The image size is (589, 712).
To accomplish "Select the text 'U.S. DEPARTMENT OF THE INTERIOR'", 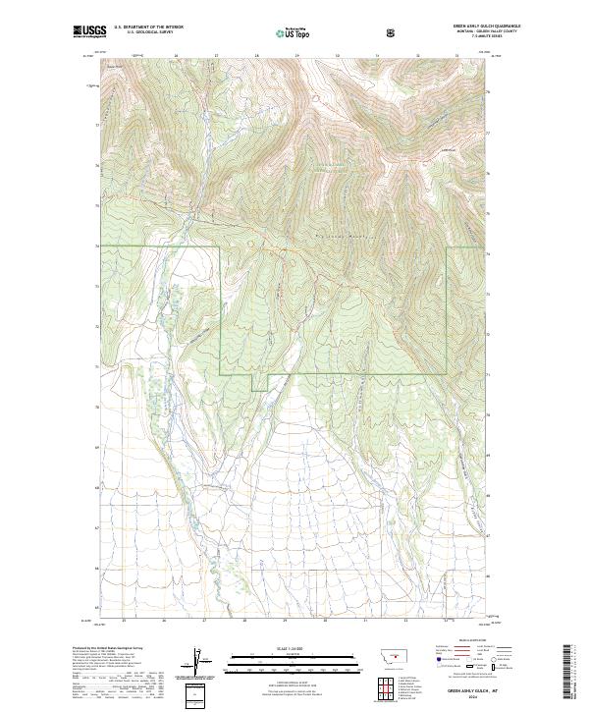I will (x=148, y=27).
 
